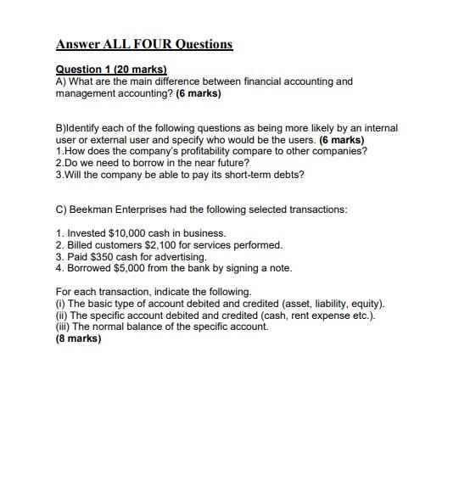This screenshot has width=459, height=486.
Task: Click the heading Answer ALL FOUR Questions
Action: pyautogui.click(x=143, y=44)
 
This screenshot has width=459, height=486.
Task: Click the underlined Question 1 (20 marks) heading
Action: pyautogui.click(x=111, y=70)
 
